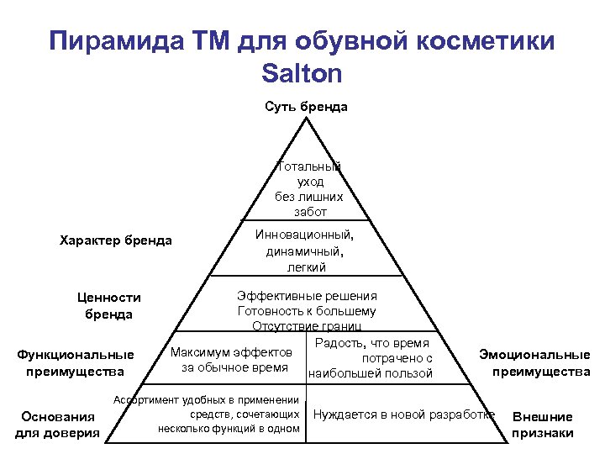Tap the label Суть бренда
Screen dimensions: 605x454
click(306, 107)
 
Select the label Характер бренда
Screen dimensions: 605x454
click(116, 240)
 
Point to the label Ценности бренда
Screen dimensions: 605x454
click(108, 305)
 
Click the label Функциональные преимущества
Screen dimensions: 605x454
click(76, 362)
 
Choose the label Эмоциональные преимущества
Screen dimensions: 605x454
click(534, 362)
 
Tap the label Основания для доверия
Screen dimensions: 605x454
click(58, 425)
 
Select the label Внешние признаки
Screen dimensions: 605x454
click(543, 425)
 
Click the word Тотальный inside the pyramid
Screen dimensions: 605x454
click(308, 166)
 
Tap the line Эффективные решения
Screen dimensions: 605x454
click(307, 296)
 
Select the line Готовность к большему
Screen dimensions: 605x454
click(307, 311)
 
